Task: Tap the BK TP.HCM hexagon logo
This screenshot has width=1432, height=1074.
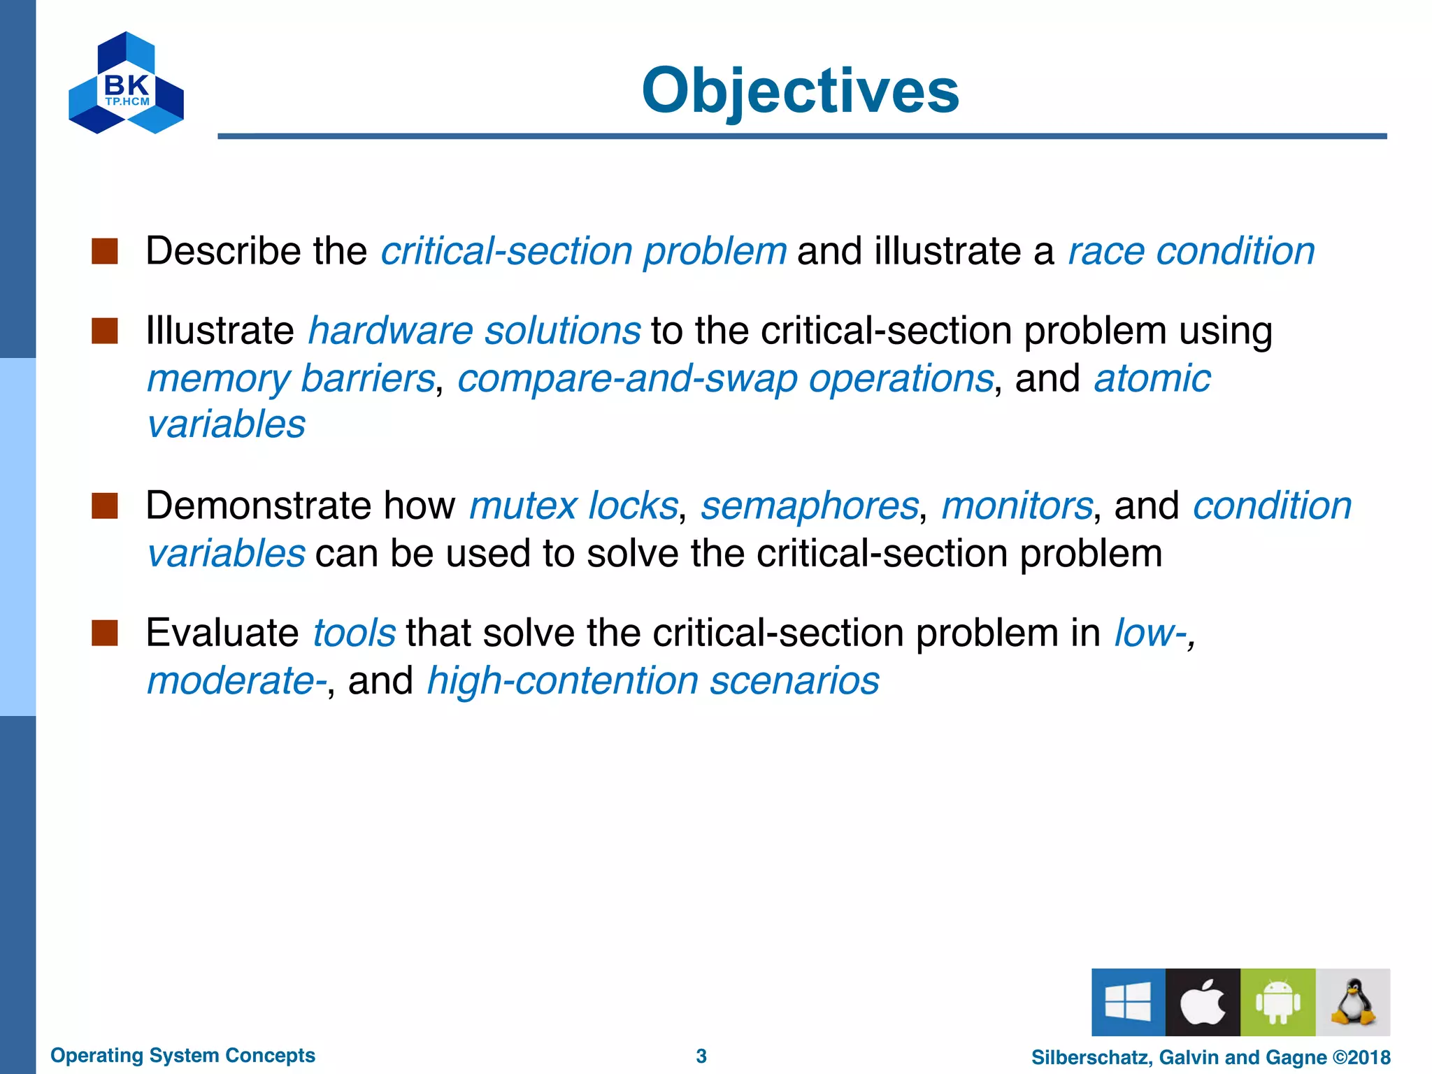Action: coord(126,84)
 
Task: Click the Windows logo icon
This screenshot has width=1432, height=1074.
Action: coord(1128,1001)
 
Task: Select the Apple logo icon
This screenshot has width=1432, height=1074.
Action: coord(1203,1003)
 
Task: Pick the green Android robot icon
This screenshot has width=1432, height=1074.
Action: coord(1277,1003)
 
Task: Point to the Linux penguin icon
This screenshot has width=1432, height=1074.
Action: coord(1352,1003)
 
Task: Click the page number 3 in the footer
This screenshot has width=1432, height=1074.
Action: coord(701,1056)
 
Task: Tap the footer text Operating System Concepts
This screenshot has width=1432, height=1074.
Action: coord(182,1055)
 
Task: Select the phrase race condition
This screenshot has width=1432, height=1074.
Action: coord(1191,251)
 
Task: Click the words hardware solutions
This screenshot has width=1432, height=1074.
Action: coord(474,331)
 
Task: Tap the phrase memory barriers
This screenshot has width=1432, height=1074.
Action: coord(291,379)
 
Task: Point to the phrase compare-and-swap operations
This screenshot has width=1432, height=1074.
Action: coord(725,379)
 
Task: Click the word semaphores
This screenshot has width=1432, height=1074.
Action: coord(809,506)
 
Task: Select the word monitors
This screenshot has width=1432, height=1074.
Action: coord(1017,506)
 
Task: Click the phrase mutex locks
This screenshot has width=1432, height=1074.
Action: coord(573,506)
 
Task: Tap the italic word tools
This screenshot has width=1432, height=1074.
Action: coord(354,633)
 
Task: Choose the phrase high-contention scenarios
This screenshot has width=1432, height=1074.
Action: coord(652,681)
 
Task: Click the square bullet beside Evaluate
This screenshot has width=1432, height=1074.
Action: coord(105,633)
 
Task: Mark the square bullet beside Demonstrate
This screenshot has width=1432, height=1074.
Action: coord(105,506)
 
